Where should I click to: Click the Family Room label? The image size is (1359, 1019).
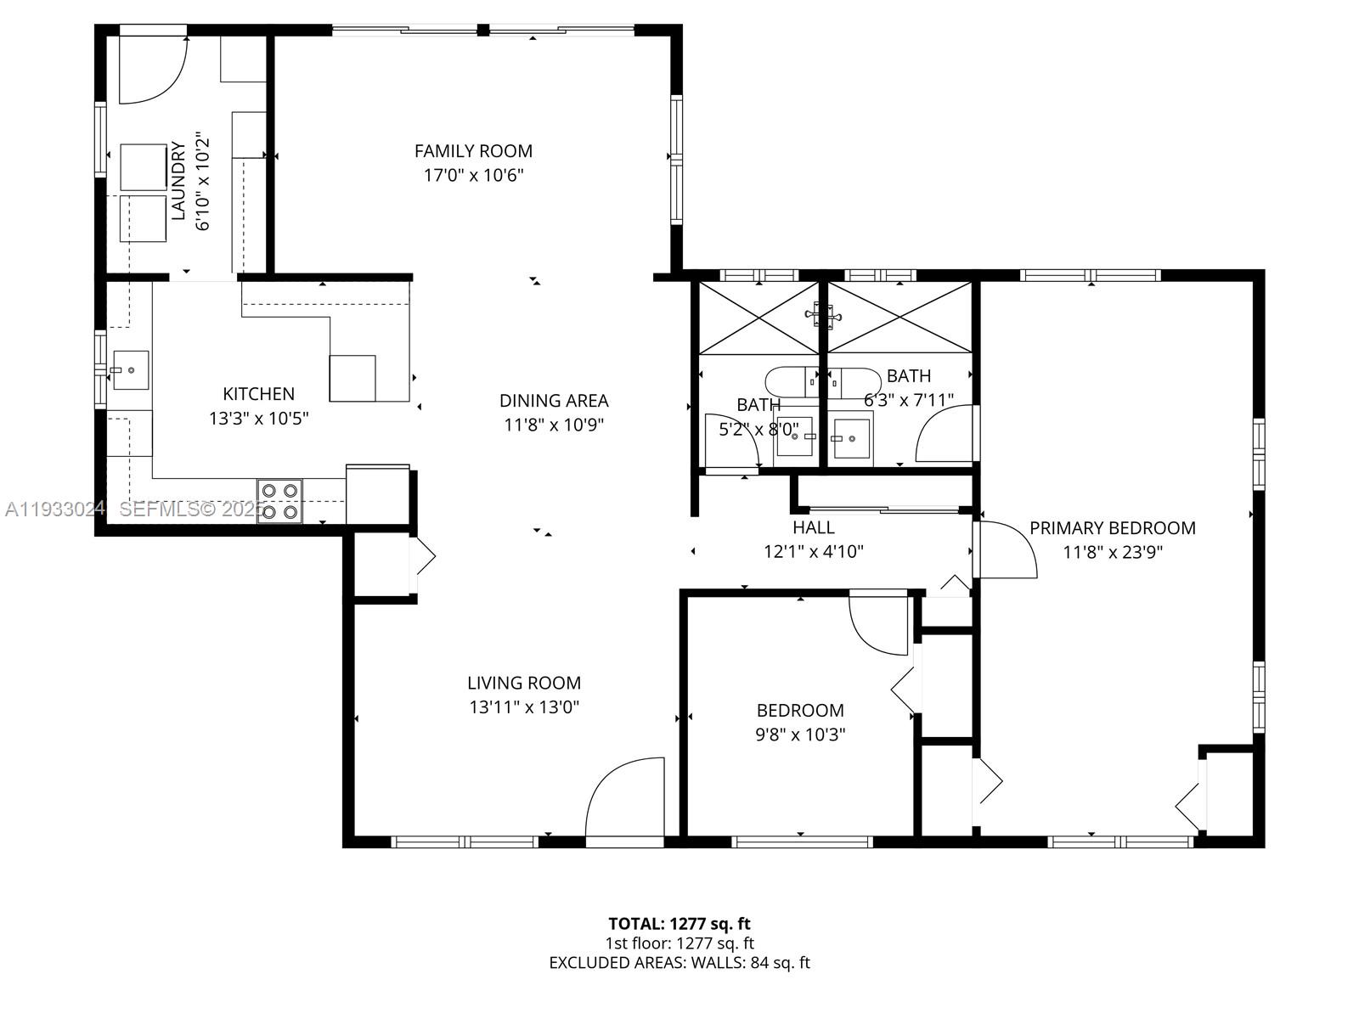tap(473, 151)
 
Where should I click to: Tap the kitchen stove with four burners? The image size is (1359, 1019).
tap(279, 501)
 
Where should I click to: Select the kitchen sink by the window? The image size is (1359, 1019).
tap(130, 370)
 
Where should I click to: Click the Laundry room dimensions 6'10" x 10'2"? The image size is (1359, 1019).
tap(202, 181)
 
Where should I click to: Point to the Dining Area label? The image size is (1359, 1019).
tap(554, 400)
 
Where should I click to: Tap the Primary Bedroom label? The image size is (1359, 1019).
tap(1112, 528)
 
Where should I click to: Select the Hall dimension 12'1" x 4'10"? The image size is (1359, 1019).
tap(813, 552)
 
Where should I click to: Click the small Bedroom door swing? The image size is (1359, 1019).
tap(880, 624)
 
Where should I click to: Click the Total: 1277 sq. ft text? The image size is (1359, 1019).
tap(679, 924)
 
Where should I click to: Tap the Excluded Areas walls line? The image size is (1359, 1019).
tap(679, 963)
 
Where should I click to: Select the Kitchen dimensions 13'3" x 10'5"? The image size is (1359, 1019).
tap(258, 419)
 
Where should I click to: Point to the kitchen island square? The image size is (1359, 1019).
tap(352, 378)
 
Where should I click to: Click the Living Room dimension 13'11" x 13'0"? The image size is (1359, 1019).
tap(524, 707)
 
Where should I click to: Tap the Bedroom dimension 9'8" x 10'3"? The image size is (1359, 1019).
tap(800, 735)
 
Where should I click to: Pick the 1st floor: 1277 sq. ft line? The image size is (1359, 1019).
tap(679, 943)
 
